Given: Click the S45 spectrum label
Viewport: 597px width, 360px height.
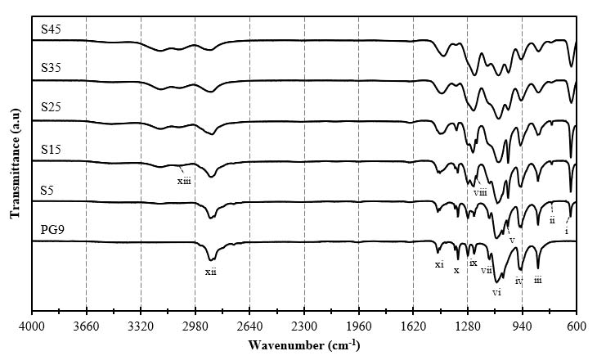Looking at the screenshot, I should click(52, 30).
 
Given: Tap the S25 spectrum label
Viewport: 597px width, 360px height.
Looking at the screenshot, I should click(52, 107).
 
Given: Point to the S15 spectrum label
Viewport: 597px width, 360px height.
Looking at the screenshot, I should click(52, 149).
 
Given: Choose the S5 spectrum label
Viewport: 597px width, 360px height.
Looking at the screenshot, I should click(49, 190).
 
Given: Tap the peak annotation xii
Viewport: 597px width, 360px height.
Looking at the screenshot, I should click(210, 271).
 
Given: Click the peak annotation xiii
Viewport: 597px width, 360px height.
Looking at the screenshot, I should click(184, 181).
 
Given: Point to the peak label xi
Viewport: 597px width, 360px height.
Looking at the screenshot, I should click(439, 264).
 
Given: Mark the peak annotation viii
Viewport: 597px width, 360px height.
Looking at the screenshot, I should click(480, 192).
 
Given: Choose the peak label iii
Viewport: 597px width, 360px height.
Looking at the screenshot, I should click(537, 280).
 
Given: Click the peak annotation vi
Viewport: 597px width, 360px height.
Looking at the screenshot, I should click(496, 292).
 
